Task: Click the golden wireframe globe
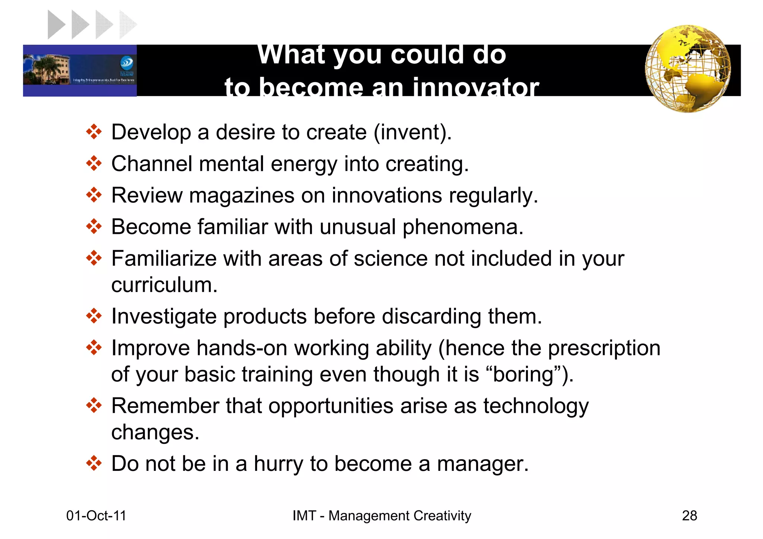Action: click(x=687, y=69)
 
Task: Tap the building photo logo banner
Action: click(x=80, y=70)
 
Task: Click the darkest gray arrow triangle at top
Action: click(x=56, y=25)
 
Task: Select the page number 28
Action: click(x=689, y=516)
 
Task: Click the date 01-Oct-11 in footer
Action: click(x=96, y=516)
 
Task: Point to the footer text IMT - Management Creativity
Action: click(x=381, y=516)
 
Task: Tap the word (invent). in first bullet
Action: click(x=412, y=132)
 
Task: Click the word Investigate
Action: click(x=164, y=317)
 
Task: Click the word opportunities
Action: click(x=331, y=406)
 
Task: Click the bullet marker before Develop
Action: click(x=94, y=132)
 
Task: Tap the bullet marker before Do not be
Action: click(x=94, y=463)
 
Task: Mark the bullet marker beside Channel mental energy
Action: click(x=94, y=164)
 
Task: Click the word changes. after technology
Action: click(x=155, y=432)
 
